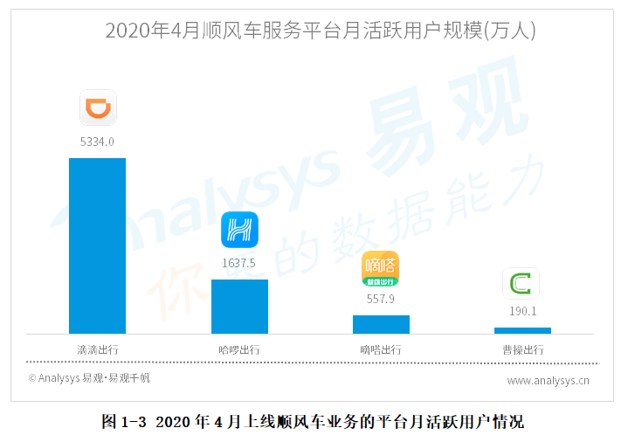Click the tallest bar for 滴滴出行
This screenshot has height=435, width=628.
click(97, 245)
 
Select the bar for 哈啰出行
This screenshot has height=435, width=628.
click(239, 306)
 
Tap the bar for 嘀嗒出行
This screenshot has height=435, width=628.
click(381, 324)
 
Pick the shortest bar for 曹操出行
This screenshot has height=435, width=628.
click(522, 330)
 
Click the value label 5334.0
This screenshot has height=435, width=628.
click(98, 141)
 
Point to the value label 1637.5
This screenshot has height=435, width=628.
click(239, 262)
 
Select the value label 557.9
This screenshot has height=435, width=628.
click(381, 298)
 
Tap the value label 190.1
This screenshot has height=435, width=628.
click(522, 311)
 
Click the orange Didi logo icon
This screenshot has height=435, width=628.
click(98, 107)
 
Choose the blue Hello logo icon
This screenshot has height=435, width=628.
click(239, 231)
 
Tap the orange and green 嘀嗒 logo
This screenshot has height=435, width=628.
click(381, 269)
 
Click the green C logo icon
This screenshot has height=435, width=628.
click(521, 284)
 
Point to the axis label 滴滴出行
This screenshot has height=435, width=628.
click(98, 349)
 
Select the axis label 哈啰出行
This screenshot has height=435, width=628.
click(239, 349)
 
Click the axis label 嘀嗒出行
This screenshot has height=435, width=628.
click(381, 349)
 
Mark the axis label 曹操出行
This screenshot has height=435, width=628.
click(522, 349)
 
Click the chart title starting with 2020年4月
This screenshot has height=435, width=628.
click(321, 31)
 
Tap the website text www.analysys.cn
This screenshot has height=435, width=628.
click(548, 380)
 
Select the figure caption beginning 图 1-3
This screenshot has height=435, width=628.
click(313, 422)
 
